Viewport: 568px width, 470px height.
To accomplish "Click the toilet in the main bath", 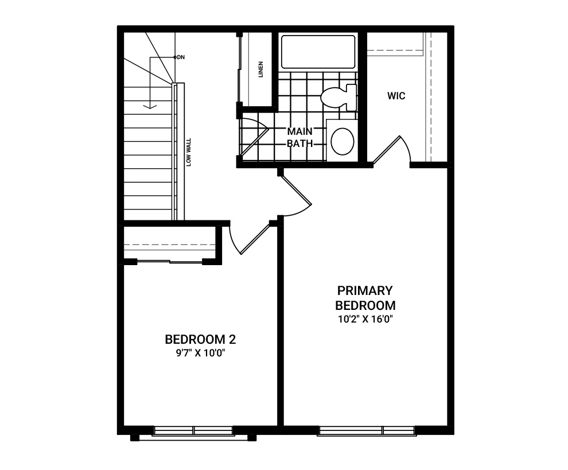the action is pos(339,97).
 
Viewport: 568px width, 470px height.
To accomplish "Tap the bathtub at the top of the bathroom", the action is pos(318,52).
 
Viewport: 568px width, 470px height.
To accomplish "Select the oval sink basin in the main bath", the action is pos(343,141).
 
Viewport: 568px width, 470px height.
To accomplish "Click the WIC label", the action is pos(396,96).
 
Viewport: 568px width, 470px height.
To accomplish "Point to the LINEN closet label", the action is pos(260,69).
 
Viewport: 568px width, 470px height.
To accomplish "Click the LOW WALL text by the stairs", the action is pos(188,152).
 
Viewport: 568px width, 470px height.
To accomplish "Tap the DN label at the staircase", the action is pos(181,57).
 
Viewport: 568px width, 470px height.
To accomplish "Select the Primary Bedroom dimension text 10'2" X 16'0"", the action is pos(365,319).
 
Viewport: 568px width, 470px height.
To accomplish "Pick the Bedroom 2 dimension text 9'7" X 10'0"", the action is pos(201,353).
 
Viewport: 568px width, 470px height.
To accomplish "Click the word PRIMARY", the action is pos(365,290).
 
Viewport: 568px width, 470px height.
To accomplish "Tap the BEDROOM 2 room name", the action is pos(200,340).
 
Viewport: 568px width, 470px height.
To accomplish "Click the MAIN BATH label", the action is pos(299,137).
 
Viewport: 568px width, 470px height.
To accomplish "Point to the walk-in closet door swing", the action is pos(392,149).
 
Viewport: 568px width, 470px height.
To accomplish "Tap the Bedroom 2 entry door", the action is pos(250,239).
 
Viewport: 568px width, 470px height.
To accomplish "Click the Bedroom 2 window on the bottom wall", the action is pos(193,430).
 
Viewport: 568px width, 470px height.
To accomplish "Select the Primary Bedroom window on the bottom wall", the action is pos(367,430).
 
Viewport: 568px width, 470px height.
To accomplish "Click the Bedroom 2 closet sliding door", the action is pos(169,261).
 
